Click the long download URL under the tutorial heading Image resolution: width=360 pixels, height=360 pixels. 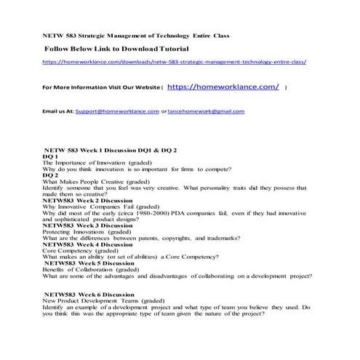[174, 63]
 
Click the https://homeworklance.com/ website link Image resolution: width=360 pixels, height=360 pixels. [223, 87]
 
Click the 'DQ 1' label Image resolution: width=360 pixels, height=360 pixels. [51, 156]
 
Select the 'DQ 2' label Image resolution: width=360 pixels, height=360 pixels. [51, 175]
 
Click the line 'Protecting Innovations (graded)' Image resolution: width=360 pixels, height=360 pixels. [88, 232]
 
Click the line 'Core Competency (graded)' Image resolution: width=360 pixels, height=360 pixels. [81, 251]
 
